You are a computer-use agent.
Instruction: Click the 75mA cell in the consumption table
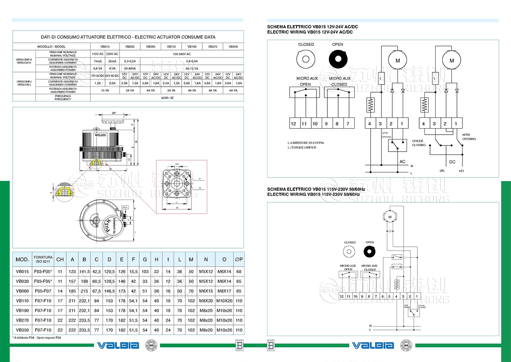tap(98, 61)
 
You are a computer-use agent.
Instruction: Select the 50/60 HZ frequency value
tap(167, 98)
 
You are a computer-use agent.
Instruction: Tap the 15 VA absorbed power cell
tap(105, 90)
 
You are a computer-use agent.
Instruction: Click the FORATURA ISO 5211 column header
tap(43, 259)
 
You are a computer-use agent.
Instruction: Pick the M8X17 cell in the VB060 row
tap(225, 291)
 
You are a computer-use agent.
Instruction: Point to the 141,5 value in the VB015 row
tap(84, 271)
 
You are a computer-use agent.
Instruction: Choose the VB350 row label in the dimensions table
tap(23, 330)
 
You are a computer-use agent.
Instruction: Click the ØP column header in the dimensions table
tap(239, 259)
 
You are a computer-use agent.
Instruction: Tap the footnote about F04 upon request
tap(37, 337)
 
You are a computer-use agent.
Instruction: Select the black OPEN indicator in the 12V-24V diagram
tap(337, 58)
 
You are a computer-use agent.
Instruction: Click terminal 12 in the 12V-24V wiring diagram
tap(293, 124)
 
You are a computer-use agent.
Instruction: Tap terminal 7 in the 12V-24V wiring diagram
tap(347, 124)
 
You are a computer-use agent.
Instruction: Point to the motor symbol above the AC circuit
tap(398, 60)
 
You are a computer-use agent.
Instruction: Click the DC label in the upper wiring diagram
tap(452, 162)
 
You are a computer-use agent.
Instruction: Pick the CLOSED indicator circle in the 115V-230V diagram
tap(349, 251)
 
